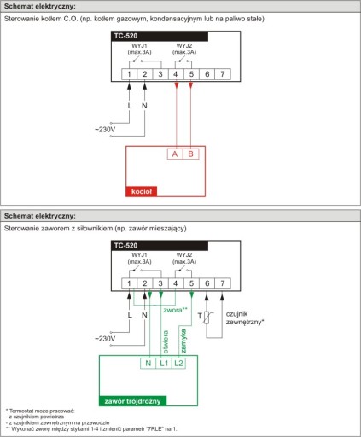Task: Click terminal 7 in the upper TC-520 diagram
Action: [x=223, y=74]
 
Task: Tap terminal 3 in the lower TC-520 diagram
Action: [x=160, y=283]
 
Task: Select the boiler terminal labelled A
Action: [x=175, y=154]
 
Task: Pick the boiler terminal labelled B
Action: [x=190, y=154]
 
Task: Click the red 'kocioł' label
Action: [x=142, y=191]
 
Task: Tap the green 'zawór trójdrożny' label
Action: [x=132, y=401]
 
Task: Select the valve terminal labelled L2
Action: [x=178, y=364]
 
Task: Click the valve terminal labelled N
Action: [x=148, y=364]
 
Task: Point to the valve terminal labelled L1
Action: [x=164, y=364]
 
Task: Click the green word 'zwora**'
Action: [x=175, y=310]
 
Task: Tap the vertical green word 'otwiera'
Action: [x=166, y=341]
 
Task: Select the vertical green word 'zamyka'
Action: [x=183, y=341]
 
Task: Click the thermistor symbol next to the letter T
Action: [x=207, y=318]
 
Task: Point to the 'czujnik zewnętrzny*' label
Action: [x=245, y=318]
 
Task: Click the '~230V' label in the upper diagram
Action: [x=105, y=130]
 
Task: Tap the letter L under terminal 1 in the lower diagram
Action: [x=130, y=315]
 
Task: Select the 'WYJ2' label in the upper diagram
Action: [x=184, y=45]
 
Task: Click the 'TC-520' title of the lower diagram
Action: [x=125, y=245]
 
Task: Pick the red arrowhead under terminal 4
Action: [x=177, y=85]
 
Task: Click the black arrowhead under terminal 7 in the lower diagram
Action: [x=222, y=297]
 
